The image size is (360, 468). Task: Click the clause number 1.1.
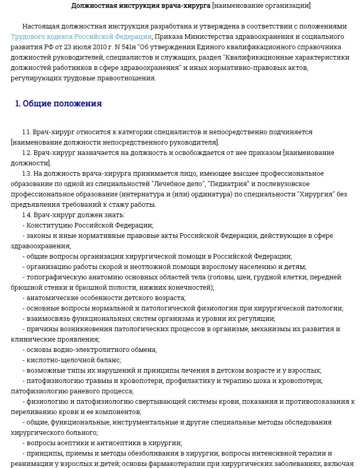click(27, 132)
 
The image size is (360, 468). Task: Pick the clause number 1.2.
click(27, 153)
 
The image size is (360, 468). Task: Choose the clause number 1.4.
click(27, 215)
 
